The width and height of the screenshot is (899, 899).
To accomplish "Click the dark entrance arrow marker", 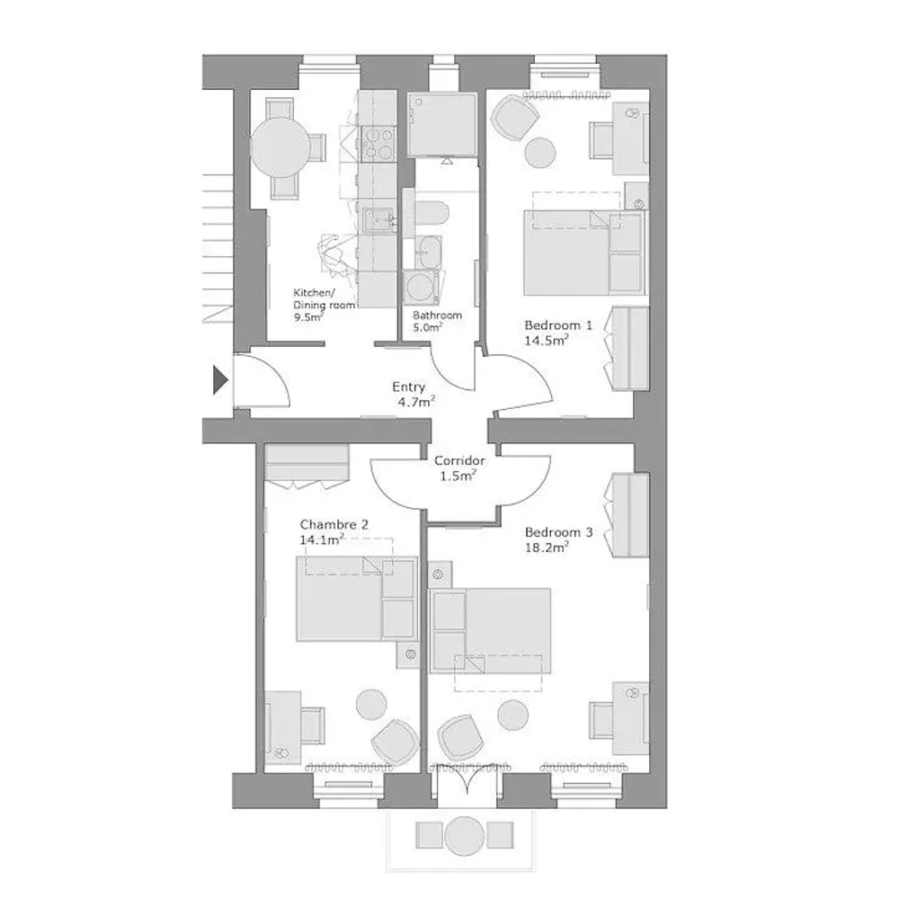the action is point(219,379).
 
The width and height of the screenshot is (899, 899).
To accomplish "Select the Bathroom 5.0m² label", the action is point(437,321).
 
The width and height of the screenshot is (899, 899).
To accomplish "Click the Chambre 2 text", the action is point(334,524).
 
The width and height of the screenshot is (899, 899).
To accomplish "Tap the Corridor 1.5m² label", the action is point(458,467).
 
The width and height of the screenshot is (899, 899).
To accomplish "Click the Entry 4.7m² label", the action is point(413,394).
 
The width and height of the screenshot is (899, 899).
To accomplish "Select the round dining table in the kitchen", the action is point(280,147).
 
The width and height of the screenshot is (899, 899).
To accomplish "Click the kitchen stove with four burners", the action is point(379,143).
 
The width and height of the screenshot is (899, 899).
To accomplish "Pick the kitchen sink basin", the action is point(378,219).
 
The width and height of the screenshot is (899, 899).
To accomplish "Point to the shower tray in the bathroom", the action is point(441,124).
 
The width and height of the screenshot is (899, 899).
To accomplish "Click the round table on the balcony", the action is point(465,836).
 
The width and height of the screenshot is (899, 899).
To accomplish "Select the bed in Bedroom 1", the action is point(584,253).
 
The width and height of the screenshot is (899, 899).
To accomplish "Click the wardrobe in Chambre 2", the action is point(307,461).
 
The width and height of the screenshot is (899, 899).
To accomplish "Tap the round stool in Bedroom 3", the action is point(512,715).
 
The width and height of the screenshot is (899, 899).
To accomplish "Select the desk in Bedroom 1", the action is point(630,138).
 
